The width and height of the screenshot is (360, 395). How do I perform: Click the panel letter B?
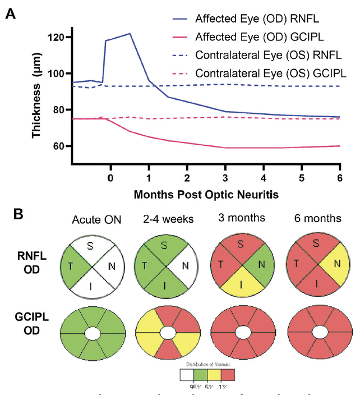click(10, 215)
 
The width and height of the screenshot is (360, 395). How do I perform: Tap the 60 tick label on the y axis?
click(61, 146)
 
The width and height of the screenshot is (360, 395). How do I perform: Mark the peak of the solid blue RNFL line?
click(130, 33)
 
